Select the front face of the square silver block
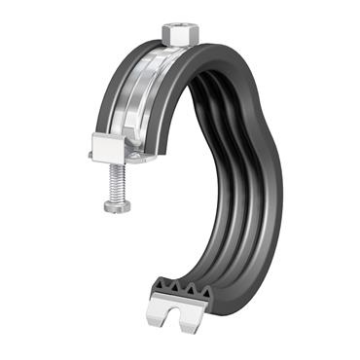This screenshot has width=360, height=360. (x=106, y=152)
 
